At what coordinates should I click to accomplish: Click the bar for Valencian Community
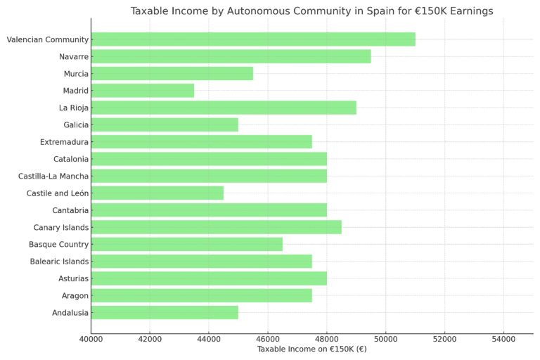click(253, 39)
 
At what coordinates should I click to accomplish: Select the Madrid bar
click(142, 91)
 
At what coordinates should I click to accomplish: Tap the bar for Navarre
click(231, 56)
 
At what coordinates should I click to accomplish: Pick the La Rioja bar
click(224, 108)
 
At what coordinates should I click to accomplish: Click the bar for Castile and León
click(157, 193)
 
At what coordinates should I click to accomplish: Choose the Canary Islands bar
click(216, 227)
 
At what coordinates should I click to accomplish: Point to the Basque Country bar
click(186, 244)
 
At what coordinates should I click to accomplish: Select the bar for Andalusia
click(165, 312)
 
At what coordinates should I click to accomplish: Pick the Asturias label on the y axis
click(73, 278)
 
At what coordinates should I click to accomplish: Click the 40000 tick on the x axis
click(91, 340)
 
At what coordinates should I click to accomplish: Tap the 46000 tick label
click(267, 340)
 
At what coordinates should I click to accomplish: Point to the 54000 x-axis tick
click(503, 340)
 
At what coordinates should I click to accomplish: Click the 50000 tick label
click(385, 340)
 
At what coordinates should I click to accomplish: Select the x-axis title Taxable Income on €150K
click(311, 349)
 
